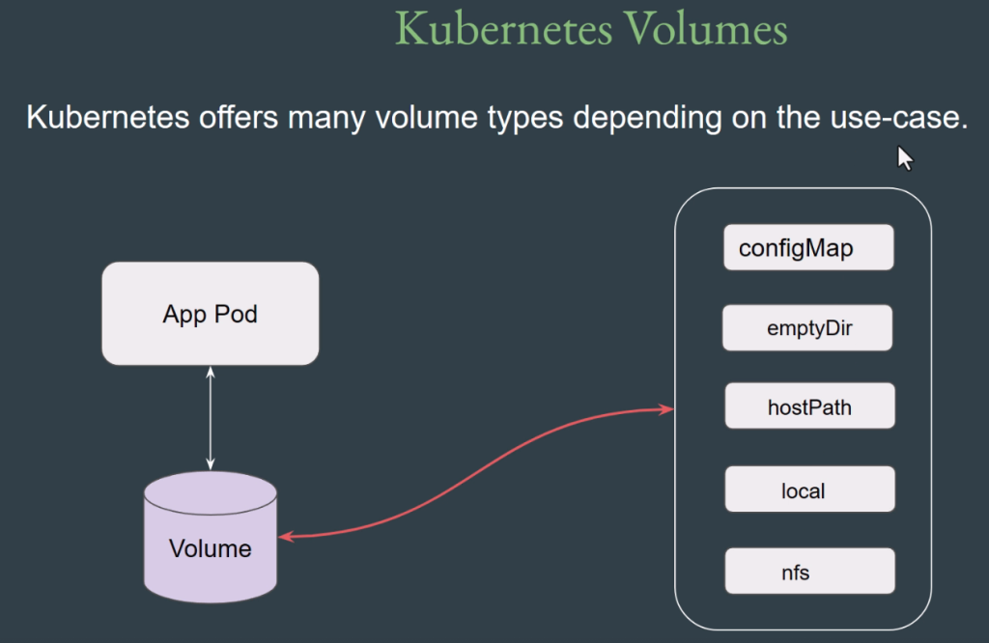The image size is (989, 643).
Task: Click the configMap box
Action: coord(808,247)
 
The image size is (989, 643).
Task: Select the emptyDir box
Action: coord(807,328)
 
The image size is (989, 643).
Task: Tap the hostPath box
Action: coord(810,405)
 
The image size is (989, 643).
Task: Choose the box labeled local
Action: coord(810,489)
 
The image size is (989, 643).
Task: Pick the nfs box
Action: coord(810,572)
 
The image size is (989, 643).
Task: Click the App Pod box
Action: coord(210,314)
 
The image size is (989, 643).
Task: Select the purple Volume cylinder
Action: coord(210,537)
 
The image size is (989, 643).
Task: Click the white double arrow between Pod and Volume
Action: coord(211,418)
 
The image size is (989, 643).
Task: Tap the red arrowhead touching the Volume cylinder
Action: coord(286,537)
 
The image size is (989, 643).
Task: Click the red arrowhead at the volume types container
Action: coord(667,409)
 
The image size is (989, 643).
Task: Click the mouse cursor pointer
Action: coord(905,158)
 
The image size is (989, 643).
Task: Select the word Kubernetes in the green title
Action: coord(503,29)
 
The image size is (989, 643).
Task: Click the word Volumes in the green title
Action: coord(706,29)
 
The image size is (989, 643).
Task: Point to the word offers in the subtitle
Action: coord(239,117)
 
